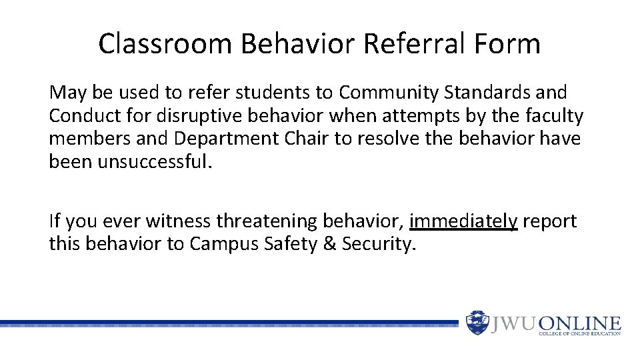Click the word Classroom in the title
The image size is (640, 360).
(165, 44)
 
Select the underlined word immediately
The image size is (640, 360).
(463, 221)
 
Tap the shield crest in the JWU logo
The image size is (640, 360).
(477, 323)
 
